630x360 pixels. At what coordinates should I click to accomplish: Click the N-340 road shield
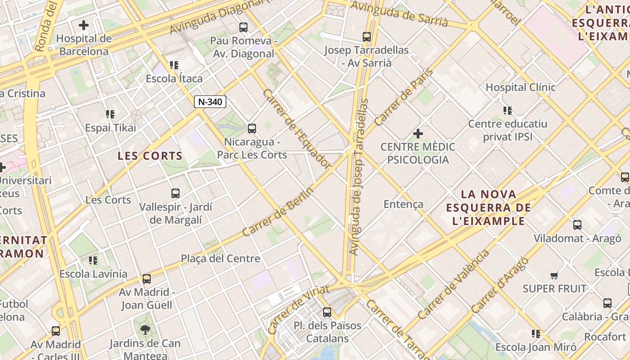click(210, 102)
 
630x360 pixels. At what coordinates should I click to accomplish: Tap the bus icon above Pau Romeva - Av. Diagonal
click(243, 27)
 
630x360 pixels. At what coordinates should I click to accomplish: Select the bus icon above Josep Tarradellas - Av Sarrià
click(367, 37)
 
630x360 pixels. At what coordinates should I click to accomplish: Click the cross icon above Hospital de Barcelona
click(84, 25)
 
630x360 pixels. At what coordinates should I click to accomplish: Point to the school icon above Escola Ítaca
click(174, 65)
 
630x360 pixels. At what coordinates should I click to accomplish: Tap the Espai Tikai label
click(111, 128)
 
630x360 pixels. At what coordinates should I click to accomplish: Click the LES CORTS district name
click(150, 156)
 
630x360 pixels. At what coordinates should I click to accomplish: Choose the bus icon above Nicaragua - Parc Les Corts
click(252, 129)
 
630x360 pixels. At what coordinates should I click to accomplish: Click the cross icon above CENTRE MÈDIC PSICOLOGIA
click(418, 134)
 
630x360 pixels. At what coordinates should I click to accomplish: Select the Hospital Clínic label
click(521, 87)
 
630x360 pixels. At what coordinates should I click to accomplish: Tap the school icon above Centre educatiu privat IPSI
click(508, 110)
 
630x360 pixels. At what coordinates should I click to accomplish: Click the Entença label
click(404, 204)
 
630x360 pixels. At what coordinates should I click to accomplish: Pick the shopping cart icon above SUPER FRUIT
click(554, 275)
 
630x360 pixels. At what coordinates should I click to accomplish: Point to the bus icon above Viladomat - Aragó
click(577, 225)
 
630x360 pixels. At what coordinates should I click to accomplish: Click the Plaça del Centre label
click(220, 259)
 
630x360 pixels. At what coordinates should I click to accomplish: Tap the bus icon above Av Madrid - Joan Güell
click(147, 279)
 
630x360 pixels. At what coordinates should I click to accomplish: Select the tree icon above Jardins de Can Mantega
click(145, 330)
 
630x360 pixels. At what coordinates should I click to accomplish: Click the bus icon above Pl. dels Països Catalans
click(327, 312)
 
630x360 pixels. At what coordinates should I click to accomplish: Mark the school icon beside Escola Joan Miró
click(536, 334)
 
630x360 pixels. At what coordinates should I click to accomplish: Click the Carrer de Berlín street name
click(278, 211)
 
